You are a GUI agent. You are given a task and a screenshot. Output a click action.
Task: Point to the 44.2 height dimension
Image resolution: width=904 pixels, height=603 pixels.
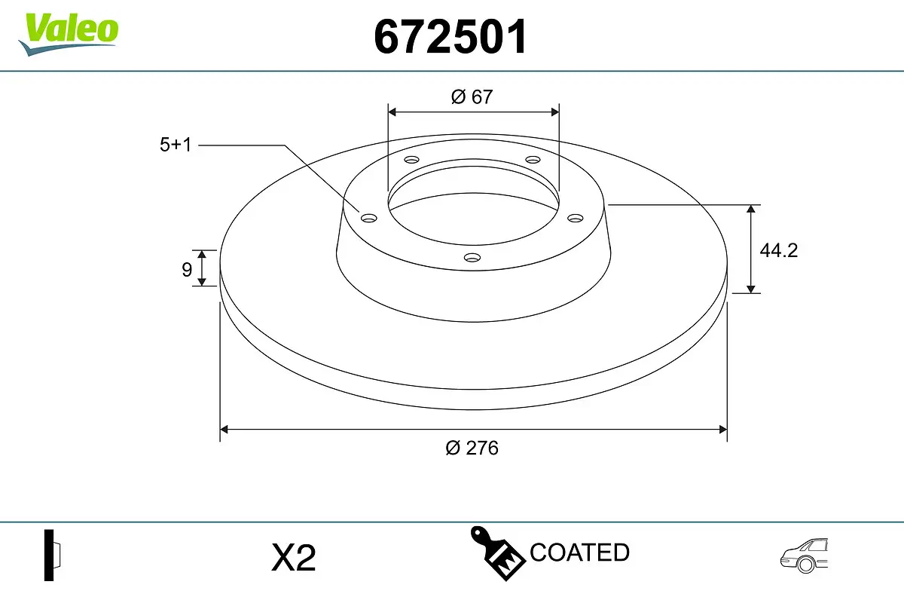[778, 251]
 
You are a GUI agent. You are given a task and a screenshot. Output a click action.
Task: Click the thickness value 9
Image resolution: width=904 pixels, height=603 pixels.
[187, 269]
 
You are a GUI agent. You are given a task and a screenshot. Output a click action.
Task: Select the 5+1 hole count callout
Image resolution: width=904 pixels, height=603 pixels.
[176, 145]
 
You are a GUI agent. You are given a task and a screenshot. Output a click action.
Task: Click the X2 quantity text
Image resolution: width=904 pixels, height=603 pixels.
[293, 559]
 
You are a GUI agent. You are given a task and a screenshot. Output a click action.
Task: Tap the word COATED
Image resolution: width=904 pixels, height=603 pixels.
[579, 552]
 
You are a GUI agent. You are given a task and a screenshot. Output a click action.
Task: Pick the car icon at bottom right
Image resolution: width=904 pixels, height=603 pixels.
[804, 556]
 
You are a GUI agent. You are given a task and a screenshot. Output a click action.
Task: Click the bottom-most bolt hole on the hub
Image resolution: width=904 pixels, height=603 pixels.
[472, 258]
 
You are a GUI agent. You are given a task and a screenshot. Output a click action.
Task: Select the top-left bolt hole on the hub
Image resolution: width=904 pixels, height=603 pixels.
[411, 160]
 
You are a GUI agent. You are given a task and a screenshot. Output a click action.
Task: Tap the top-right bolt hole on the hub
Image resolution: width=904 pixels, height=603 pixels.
[533, 160]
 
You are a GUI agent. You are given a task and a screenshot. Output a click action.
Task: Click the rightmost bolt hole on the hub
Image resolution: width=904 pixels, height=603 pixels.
[576, 218]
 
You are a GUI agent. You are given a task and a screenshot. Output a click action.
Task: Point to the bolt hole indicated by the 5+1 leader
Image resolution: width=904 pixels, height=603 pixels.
[369, 219]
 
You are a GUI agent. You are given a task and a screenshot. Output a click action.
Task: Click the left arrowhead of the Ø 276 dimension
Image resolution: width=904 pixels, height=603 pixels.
[224, 430]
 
